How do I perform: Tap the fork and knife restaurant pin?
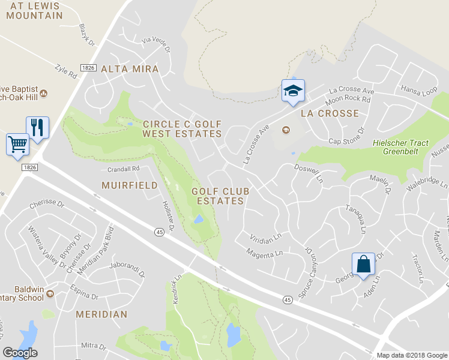[38, 127]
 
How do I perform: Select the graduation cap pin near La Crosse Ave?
[293, 91]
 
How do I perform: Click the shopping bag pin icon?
[364, 264]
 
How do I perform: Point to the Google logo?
[20, 353]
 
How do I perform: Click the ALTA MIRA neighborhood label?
[130, 69]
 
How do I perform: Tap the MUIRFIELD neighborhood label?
[129, 185]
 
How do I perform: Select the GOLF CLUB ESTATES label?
[220, 196]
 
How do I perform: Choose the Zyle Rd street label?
[66, 71]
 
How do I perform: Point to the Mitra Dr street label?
[94, 346]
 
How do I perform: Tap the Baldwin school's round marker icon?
[50, 293]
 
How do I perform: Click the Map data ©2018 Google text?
[412, 355]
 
